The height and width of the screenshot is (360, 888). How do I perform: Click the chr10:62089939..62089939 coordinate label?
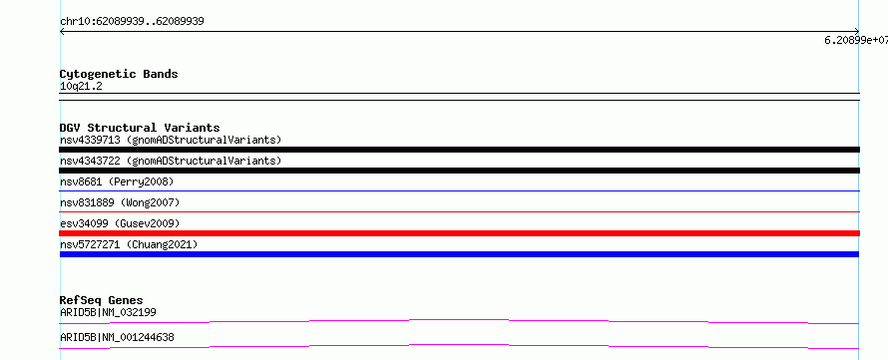coord(132,22)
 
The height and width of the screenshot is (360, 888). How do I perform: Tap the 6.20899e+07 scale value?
coord(856,40)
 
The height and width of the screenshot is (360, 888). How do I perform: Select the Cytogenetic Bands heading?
coord(119,74)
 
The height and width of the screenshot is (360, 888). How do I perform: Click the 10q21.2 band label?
coord(81,87)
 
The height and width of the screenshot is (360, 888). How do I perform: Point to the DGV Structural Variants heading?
coord(140,128)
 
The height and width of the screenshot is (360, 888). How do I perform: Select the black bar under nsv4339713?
coord(459,150)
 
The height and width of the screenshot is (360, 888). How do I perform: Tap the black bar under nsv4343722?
coord(459,171)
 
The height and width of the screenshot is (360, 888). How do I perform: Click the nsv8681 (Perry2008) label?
coord(117,181)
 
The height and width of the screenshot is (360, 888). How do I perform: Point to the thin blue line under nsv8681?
coord(459,190)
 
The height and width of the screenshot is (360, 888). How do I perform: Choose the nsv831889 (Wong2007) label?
coord(120,202)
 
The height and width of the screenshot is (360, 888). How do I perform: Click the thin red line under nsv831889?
coord(459,211)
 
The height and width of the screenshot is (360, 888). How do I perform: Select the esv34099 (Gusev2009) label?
coord(120,223)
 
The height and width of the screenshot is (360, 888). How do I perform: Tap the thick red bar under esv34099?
coord(459,233)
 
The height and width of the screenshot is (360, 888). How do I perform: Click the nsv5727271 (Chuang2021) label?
coord(129,244)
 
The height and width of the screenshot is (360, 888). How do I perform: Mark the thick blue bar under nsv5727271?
coord(459,254)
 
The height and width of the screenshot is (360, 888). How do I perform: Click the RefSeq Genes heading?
coord(102,300)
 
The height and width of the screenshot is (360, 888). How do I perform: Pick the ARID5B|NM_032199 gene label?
coord(108,312)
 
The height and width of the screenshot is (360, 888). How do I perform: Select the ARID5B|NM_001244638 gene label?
coord(117,338)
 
